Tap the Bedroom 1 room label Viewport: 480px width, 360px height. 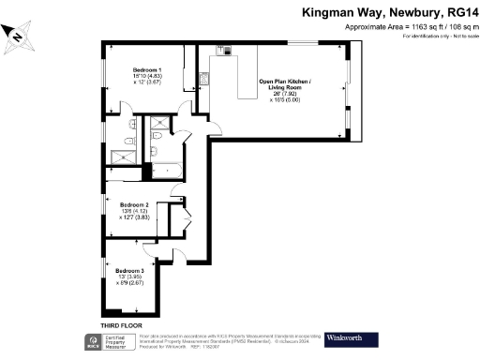click(x=146, y=70)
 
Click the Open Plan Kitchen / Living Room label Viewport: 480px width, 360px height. click(x=288, y=85)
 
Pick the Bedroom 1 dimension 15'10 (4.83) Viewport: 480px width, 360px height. click(x=146, y=77)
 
